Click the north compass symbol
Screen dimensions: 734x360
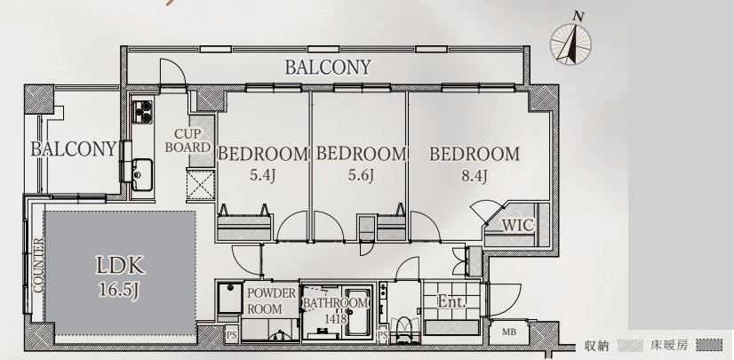click(570, 43)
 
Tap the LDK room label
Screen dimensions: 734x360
click(120, 266)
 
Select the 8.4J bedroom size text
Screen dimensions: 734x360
click(475, 177)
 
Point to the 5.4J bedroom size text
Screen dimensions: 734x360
click(263, 175)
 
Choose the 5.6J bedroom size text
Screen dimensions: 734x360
click(361, 175)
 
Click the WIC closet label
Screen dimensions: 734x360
click(518, 225)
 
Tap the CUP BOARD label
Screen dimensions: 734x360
click(187, 140)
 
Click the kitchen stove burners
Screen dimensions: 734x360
click(142, 112)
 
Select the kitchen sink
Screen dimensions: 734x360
click(142, 174)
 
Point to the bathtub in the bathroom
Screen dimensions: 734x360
click(358, 312)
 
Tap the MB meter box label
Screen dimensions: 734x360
click(509, 332)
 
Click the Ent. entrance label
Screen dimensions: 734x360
click(451, 302)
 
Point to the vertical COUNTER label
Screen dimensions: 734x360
click(38, 266)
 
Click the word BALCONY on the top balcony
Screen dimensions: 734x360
click(328, 68)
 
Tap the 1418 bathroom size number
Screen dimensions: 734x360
click(336, 319)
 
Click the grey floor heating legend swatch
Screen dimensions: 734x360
click(709, 346)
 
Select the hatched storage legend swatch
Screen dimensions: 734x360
click(630, 346)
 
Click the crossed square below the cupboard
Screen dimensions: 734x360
click(200, 186)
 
